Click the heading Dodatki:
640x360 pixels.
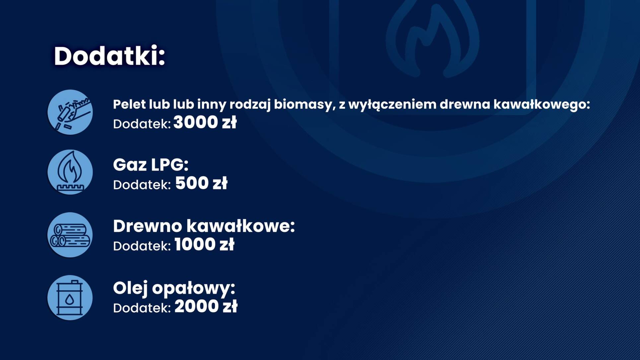[x=109, y=56]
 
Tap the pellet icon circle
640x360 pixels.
[x=70, y=112]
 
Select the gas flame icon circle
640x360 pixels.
[x=70, y=172]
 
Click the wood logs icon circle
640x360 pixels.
[x=70, y=235]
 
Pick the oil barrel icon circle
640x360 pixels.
[x=70, y=298]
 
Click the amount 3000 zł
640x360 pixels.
[x=205, y=122]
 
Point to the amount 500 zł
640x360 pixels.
[x=201, y=183]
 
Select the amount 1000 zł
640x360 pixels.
[x=204, y=245]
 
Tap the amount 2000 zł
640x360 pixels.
[x=206, y=306]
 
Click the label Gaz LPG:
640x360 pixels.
[x=151, y=165]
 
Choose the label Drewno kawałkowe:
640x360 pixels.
[x=204, y=226]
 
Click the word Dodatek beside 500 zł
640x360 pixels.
[x=142, y=185]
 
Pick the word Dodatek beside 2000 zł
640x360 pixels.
[x=142, y=308]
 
